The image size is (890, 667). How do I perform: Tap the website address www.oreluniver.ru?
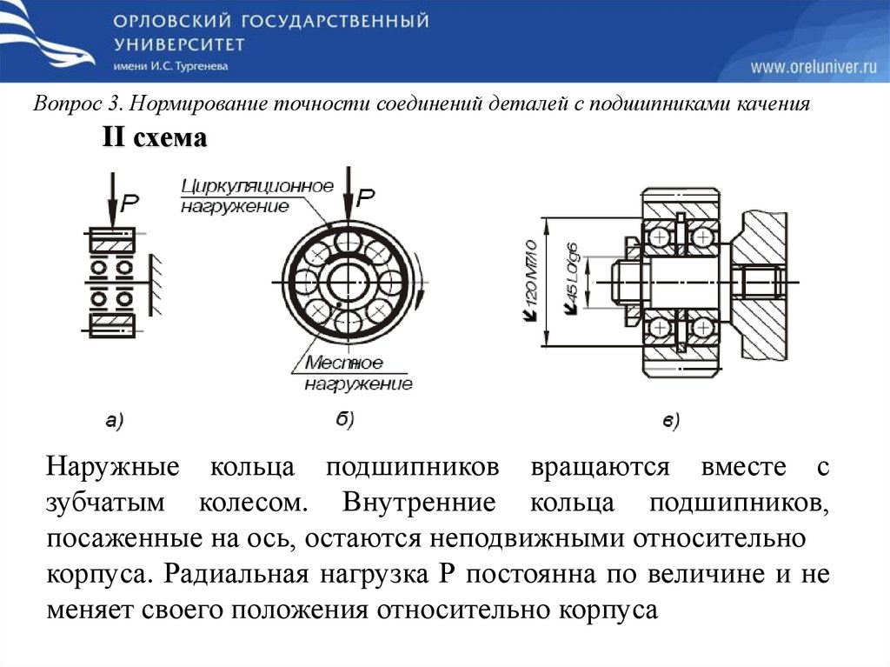pos(814,66)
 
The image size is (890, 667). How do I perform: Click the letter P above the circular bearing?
pos(366,198)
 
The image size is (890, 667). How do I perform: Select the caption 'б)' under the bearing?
pos(344,421)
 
